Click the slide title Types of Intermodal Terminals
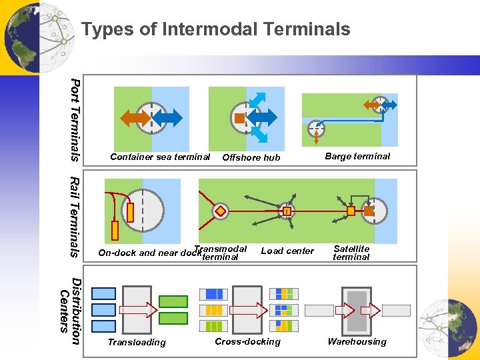point(215,29)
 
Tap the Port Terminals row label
point(75,120)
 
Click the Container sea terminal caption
point(160,157)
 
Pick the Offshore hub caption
point(251,158)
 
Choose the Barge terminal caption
point(357,157)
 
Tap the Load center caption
point(287,251)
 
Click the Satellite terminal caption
point(351,253)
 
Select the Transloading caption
point(137,343)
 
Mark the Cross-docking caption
point(247,341)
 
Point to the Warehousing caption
point(357,341)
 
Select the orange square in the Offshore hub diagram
point(239,118)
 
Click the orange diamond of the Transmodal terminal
point(221,211)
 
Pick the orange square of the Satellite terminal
point(351,211)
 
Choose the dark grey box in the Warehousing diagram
point(357,310)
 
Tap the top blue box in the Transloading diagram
point(103,293)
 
